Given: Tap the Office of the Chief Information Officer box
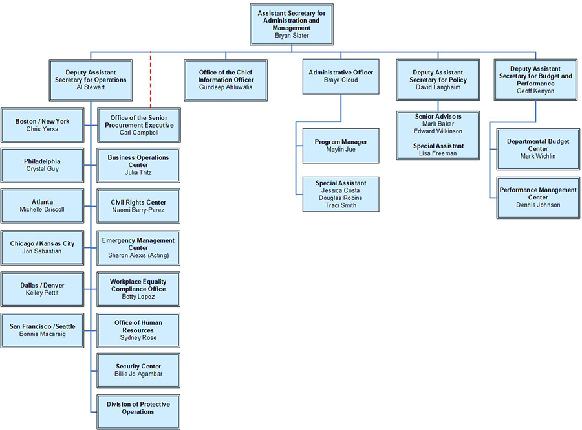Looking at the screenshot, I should [226, 80].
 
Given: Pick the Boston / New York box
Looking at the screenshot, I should [43, 125].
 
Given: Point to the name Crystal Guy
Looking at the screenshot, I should [43, 168].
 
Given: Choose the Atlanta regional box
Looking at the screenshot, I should [43, 206].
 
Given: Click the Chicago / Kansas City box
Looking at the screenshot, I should [43, 247].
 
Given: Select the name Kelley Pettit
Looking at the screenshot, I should [43, 293].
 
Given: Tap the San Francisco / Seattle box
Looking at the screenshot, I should [43, 330].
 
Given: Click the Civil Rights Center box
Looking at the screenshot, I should [138, 207].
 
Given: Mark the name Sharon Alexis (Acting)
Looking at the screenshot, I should [138, 255].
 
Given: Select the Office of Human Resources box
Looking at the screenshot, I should [138, 330].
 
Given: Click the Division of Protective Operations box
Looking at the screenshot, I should [138, 408].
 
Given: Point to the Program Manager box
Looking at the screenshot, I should [341, 146].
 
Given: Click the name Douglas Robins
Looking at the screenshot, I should [341, 198].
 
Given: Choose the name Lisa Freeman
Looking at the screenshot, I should [438, 153].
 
